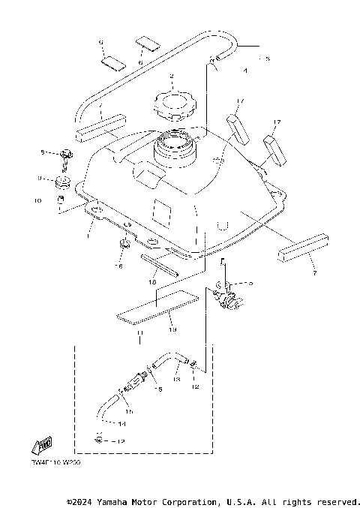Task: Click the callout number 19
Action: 172,329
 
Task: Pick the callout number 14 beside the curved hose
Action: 121,423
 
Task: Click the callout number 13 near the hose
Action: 177,380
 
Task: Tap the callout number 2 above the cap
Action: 172,77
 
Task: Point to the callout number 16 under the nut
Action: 119,266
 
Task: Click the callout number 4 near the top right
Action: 244,71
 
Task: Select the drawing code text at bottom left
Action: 55,464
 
